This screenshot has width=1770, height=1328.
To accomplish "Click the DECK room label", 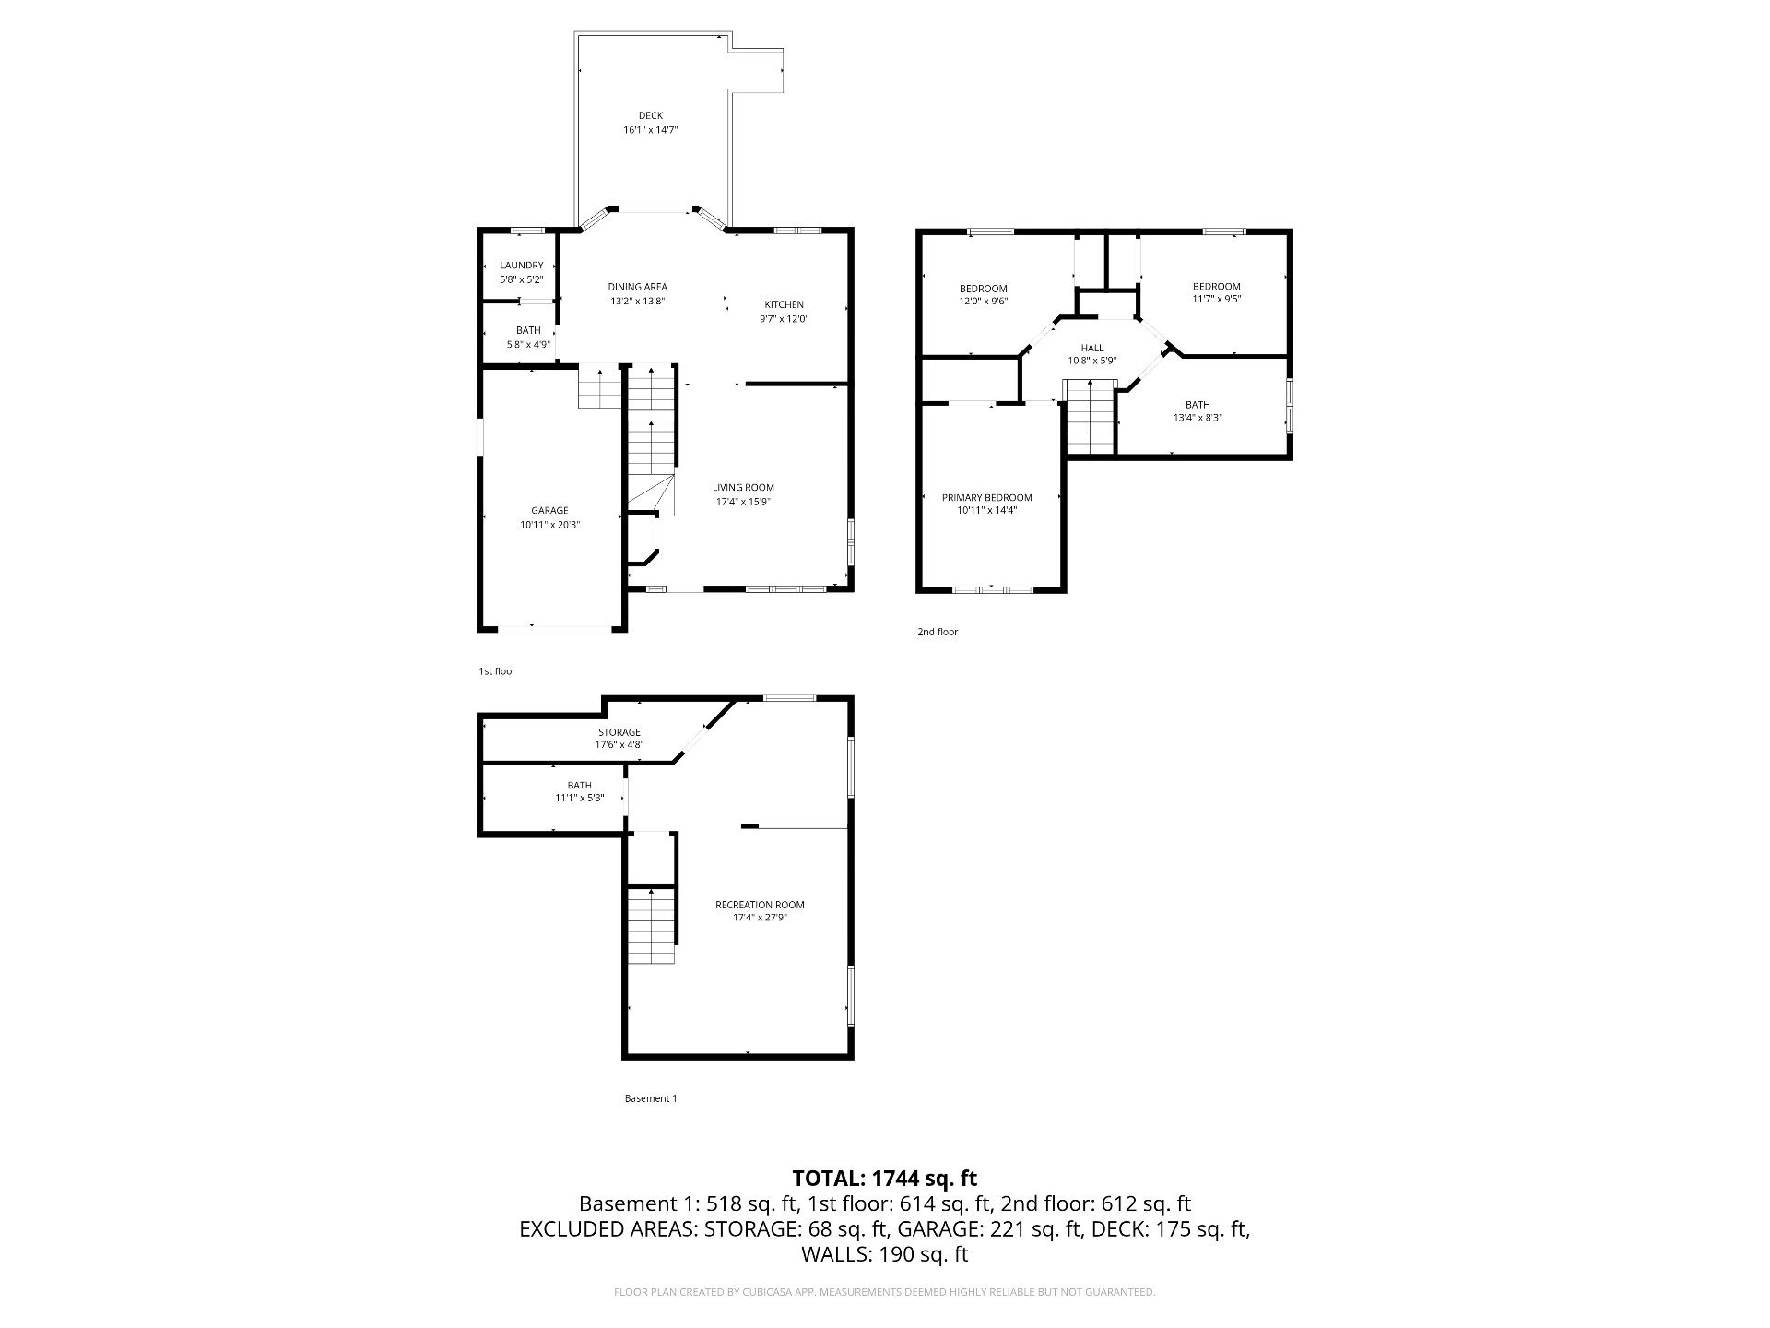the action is [651, 115].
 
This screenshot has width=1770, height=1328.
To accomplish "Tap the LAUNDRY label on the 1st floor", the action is [522, 266].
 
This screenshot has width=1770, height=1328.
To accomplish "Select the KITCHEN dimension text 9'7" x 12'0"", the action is [784, 319].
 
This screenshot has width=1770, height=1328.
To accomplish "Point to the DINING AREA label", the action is [637, 287].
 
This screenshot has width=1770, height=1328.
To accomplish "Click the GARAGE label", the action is [549, 511].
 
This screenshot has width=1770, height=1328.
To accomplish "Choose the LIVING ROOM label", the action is [743, 488].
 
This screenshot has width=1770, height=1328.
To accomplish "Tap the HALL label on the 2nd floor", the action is [1092, 348].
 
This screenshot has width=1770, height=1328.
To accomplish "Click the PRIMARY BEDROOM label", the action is [987, 498].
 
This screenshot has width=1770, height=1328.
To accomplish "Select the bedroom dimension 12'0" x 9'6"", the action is [983, 302].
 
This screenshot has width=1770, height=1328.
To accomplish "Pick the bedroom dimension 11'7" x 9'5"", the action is [1216, 300].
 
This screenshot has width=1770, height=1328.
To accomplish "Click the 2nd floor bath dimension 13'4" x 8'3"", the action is [1198, 418].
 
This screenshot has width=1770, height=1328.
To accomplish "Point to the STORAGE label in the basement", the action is [619, 732].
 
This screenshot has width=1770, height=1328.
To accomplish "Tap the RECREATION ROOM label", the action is [760, 905].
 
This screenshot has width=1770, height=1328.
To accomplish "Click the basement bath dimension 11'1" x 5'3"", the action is [579, 799].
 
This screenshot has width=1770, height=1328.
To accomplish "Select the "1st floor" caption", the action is [497, 671].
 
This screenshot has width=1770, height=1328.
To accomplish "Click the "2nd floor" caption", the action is [938, 632].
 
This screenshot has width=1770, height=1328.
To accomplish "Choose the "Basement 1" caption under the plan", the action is [651, 1098].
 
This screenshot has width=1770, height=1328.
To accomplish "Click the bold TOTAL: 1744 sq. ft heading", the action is [885, 1178].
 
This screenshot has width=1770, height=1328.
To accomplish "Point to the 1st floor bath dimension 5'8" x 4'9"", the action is [528, 345].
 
